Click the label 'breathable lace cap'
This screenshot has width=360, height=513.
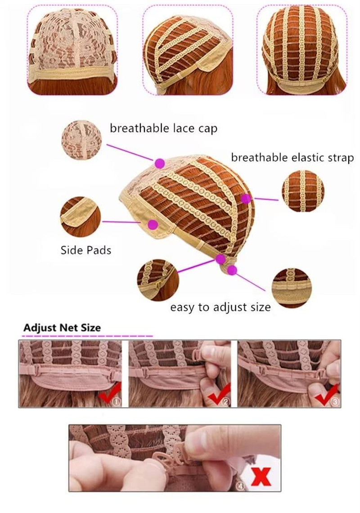[163, 128]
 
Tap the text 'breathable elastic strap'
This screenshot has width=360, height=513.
[292, 158]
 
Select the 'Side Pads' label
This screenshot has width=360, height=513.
[86, 250]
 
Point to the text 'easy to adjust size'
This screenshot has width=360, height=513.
[220, 307]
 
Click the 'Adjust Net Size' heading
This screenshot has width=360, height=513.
[62, 327]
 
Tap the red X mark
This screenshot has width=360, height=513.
[262, 477]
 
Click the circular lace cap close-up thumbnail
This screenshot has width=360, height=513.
[81, 140]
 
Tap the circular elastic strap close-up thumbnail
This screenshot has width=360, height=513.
[303, 191]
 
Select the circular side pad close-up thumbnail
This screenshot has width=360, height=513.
[81, 217]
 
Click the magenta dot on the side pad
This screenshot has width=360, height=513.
[153, 224]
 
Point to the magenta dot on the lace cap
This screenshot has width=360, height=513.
[160, 163]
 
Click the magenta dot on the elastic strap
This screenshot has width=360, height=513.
[246, 199]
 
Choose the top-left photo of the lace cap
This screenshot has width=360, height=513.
[72, 50]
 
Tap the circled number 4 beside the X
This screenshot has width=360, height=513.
[240, 486]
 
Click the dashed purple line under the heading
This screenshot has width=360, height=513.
[88, 336]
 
